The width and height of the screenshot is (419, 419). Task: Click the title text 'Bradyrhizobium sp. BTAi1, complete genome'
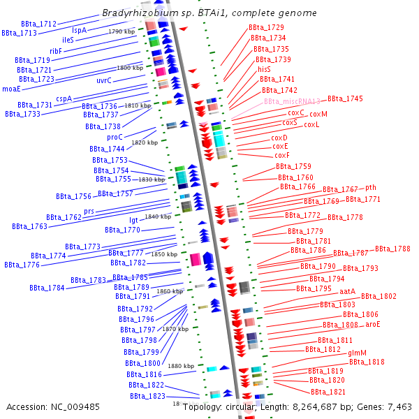(209, 13)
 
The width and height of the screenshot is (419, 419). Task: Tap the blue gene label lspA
(80, 31)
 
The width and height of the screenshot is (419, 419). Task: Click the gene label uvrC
(104, 80)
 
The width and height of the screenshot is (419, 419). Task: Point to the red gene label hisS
(264, 70)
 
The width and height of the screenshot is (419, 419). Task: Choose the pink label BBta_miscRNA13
(292, 101)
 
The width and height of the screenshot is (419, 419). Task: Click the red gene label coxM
(318, 114)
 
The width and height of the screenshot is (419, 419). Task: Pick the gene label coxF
(281, 155)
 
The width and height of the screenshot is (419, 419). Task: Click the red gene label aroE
(373, 324)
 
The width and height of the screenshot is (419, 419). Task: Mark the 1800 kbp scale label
(129, 68)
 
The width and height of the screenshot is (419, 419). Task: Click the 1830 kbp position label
(152, 179)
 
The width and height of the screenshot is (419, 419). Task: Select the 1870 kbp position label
(175, 328)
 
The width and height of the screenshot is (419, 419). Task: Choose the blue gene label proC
(115, 137)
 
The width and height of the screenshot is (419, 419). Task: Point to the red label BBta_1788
(392, 249)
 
